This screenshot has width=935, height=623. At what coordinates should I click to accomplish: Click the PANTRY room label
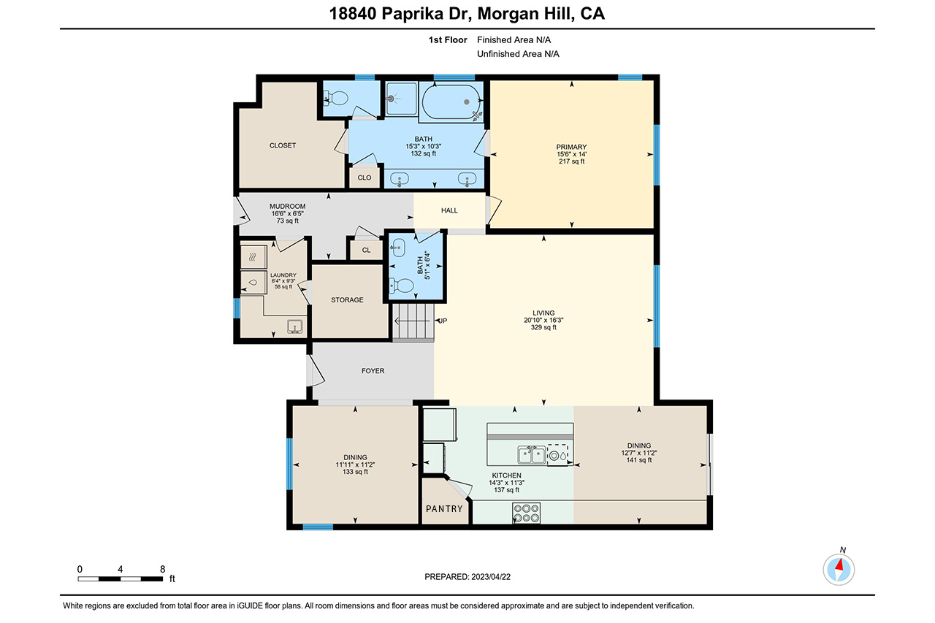coord(444,508)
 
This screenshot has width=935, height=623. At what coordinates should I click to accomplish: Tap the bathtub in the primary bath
coord(451,102)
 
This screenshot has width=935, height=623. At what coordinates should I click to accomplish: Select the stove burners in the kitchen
coord(527,513)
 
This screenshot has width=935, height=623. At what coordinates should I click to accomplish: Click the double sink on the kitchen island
coord(532,455)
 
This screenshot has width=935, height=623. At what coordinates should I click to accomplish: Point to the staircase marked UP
coord(413,322)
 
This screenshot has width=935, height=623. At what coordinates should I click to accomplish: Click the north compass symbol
coord(839,569)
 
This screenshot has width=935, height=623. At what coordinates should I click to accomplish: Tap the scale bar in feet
coord(121,578)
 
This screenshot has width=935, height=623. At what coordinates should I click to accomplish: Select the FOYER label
coord(373,370)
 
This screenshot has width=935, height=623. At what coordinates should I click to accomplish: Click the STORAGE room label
coord(347,299)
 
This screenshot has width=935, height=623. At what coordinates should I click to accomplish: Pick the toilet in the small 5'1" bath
coord(402,286)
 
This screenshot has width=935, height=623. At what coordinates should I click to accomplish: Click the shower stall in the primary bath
coord(401,99)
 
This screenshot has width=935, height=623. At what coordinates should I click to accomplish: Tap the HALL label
coord(449,210)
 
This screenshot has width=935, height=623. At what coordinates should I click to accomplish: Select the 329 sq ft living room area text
coord(543,327)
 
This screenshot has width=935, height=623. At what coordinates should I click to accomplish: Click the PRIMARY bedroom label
coord(571,147)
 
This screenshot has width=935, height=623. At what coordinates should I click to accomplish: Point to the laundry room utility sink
coord(294,326)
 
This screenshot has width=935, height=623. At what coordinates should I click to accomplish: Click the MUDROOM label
coord(287,206)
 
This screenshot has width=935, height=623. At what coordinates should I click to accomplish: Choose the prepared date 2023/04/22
coord(491,577)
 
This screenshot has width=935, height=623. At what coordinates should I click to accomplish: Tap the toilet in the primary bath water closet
coord(337,99)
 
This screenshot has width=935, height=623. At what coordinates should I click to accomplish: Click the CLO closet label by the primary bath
coord(364,177)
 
